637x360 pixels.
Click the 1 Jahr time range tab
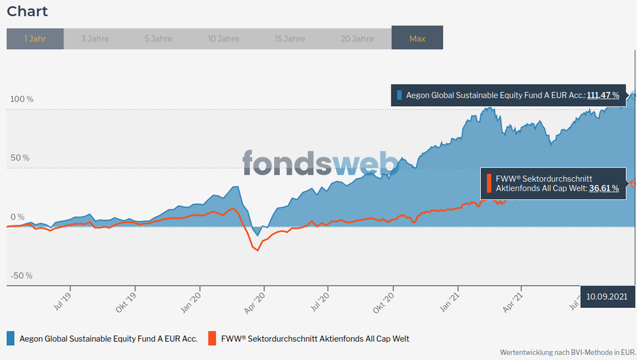(35, 39)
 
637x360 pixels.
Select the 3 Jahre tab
(95, 39)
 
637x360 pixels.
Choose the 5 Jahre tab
(158, 39)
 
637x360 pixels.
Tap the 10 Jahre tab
(224, 39)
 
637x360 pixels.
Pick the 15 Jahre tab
(290, 39)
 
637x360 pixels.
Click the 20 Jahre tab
(357, 39)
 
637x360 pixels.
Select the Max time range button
(418, 39)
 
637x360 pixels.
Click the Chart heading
(27, 11)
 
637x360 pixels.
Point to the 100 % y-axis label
(20, 99)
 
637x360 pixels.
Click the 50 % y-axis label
(18, 158)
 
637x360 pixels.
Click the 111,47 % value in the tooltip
(603, 96)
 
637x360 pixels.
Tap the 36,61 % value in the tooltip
(604, 189)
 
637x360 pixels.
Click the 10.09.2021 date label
(608, 296)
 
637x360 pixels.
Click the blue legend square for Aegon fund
(11, 338)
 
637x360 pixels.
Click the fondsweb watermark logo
(320, 163)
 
